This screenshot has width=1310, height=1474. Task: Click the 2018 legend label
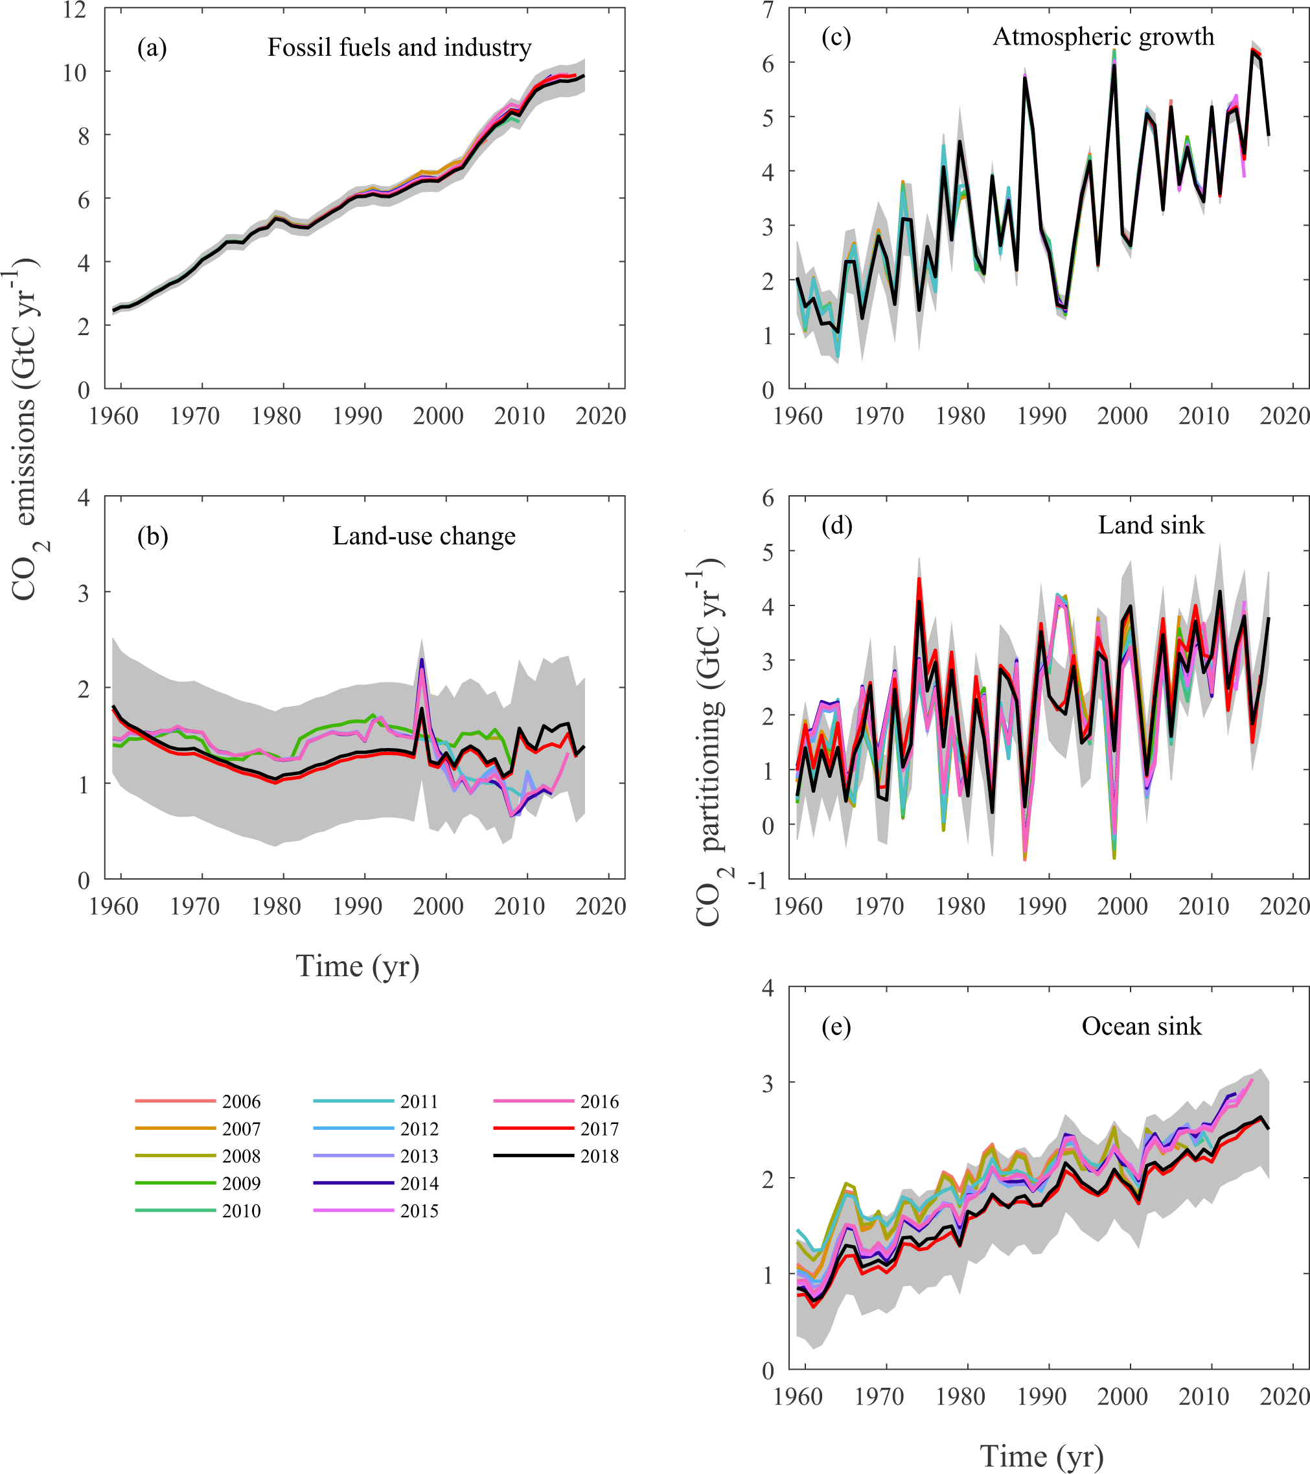[599, 1156]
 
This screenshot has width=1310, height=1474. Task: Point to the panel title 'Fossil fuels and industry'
[400, 47]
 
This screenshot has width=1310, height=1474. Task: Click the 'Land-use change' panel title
[424, 536]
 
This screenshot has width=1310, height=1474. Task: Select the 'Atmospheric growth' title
[1103, 36]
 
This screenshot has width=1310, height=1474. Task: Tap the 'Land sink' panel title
[1151, 525]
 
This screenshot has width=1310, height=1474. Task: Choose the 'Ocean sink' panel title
[1142, 1026]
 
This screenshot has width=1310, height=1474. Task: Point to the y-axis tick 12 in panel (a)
[75, 10]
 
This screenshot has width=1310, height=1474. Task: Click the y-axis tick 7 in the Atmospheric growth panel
[768, 10]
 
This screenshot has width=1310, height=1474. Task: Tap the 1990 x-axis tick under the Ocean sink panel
[1041, 1397]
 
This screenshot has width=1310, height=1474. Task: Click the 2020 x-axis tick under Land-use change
[600, 906]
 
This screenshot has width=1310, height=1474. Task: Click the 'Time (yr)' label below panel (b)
[358, 966]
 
